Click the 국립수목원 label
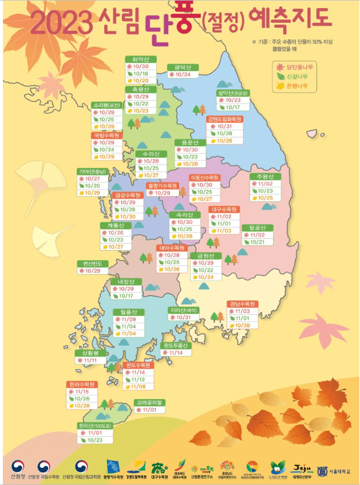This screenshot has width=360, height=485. click(106, 136)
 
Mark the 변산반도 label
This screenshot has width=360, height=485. click(92, 263)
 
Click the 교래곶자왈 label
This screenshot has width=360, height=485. click(149, 403)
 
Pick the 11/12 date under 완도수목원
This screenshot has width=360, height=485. click(139, 380)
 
